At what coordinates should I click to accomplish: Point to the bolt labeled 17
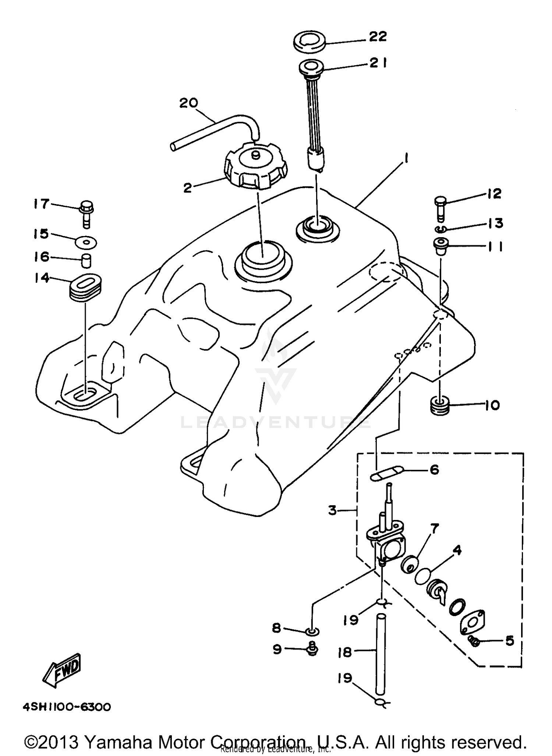tap(86, 214)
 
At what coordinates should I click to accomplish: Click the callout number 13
tap(495, 223)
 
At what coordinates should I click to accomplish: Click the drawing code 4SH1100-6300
tap(67, 707)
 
